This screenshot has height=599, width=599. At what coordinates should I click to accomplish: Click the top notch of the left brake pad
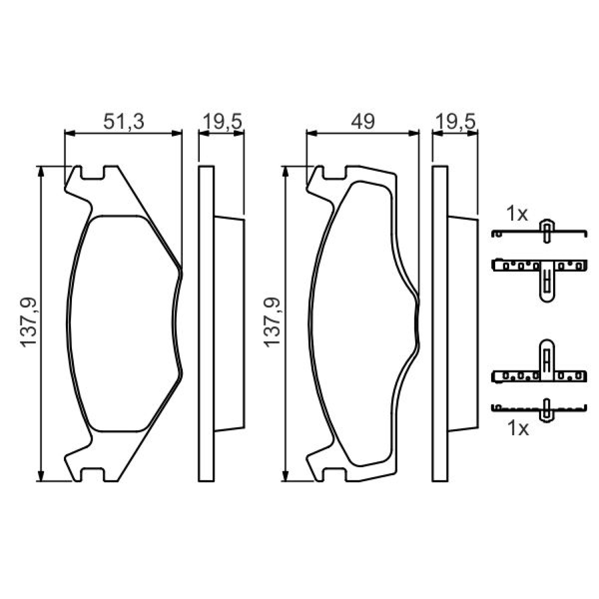pyautogui.click(x=93, y=173)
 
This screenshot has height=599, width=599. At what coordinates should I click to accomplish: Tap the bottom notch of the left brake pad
pyautogui.click(x=93, y=474)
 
